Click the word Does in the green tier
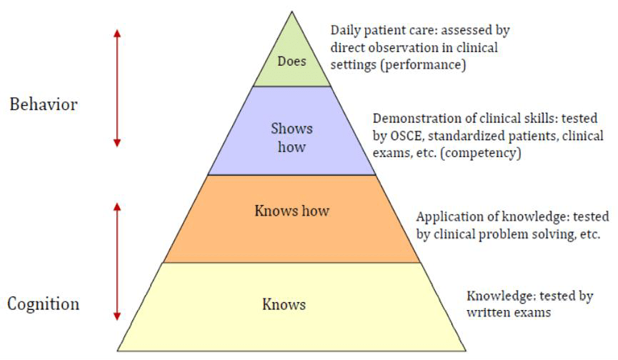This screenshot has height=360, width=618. (x=292, y=61)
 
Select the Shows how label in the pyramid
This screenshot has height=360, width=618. (x=291, y=138)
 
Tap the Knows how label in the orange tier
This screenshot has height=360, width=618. (x=291, y=211)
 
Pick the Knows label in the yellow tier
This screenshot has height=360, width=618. (x=284, y=305)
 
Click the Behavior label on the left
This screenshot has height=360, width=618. (x=44, y=105)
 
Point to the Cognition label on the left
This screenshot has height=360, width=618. (x=44, y=304)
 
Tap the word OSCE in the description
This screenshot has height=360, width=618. (x=404, y=135)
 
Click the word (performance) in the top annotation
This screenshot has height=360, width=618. (x=429, y=64)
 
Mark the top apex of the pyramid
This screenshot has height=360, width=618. (x=292, y=12)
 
